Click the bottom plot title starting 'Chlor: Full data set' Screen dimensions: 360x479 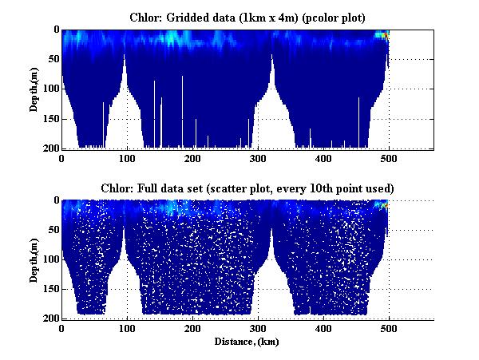[x=246, y=188]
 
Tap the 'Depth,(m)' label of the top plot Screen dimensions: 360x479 [x=34, y=89]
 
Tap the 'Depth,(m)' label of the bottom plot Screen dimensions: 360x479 [x=34, y=259]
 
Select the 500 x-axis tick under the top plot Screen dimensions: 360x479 [x=388, y=158]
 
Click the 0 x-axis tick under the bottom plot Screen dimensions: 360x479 [x=61, y=328]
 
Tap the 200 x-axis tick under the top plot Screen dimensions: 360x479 [x=192, y=158]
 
